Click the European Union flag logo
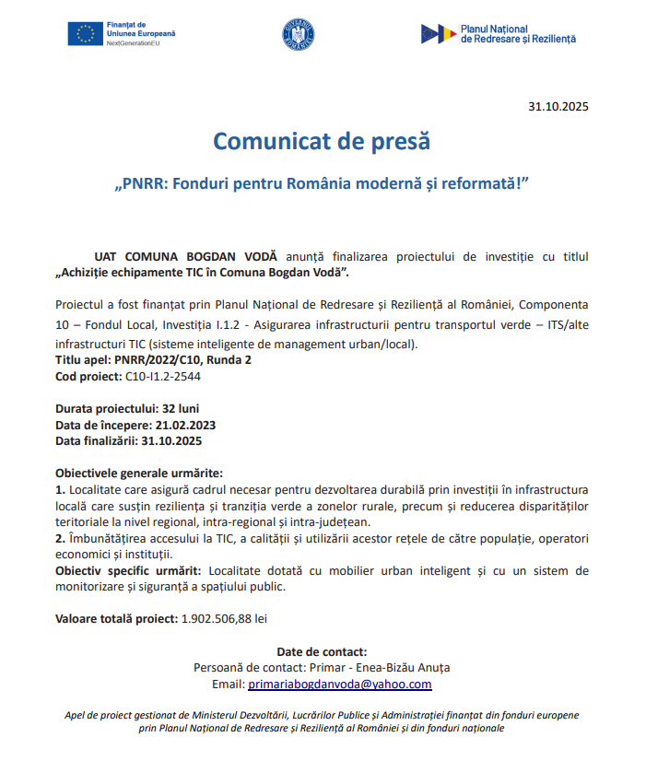click(84, 34)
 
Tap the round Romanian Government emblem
click(297, 34)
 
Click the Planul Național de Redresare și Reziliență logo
click(499, 34)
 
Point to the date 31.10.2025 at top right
click(558, 106)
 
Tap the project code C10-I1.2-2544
click(163, 376)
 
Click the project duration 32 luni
click(181, 408)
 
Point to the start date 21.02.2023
click(185, 425)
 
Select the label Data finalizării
click(96, 440)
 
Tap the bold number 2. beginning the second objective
click(61, 538)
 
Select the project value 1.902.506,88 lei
click(225, 619)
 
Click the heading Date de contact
click(322, 651)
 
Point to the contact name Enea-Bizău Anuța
click(397, 668)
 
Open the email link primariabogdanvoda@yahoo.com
click(340, 685)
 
